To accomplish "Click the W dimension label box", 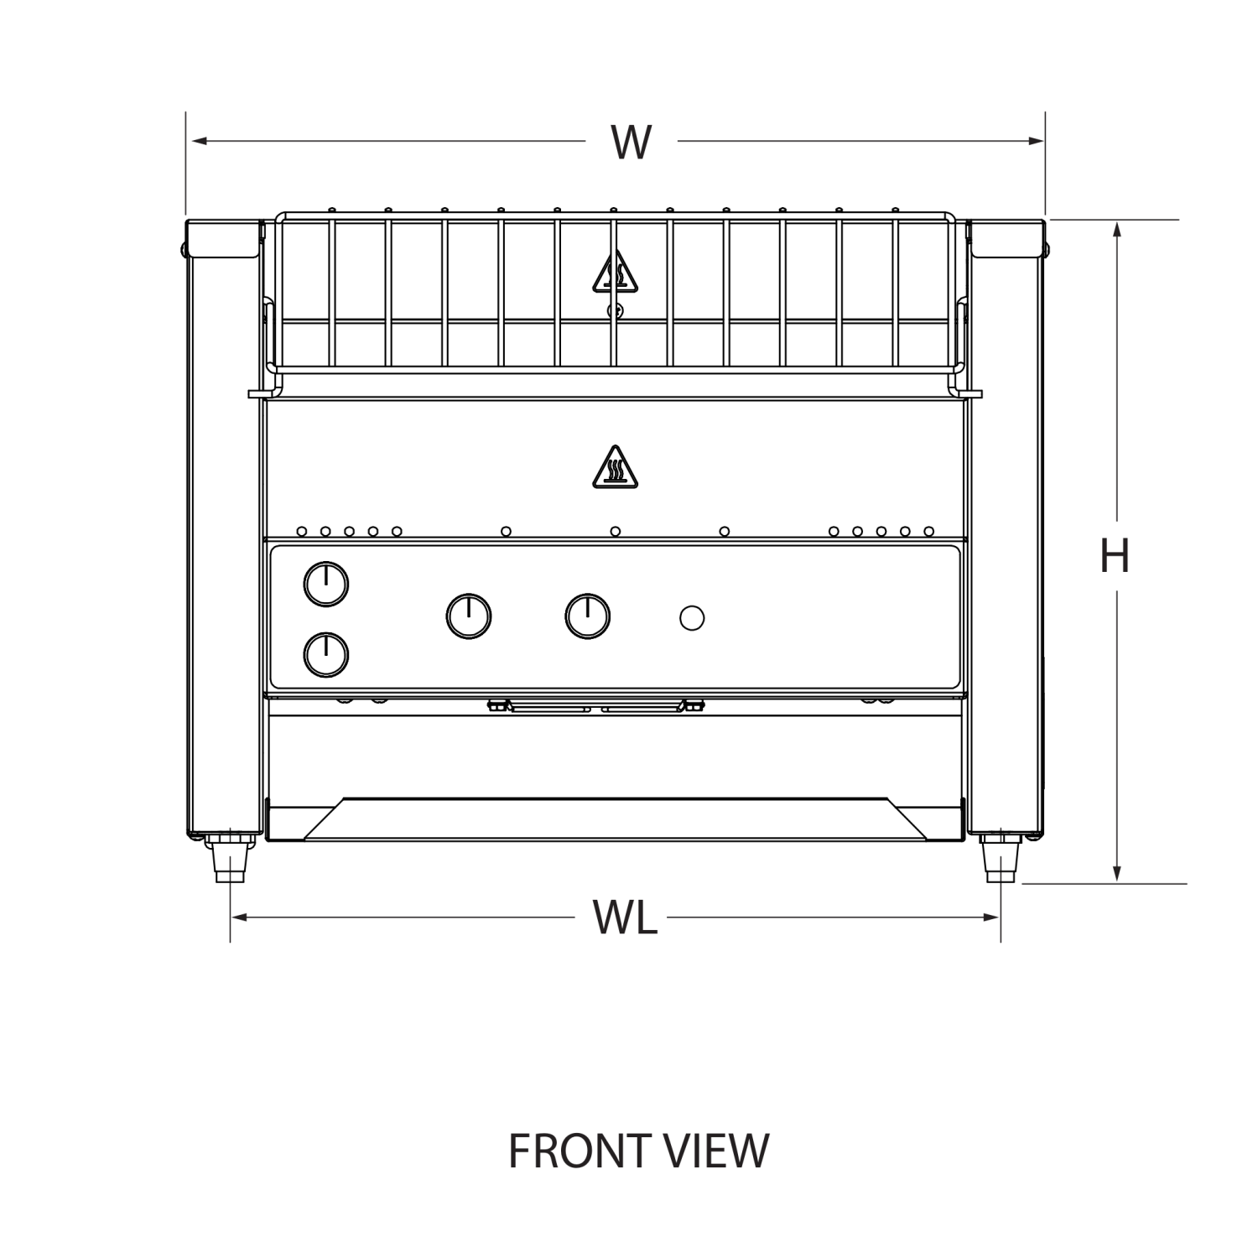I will tap(631, 141).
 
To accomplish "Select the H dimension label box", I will tap(1112, 556).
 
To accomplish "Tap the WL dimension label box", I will tap(621, 917).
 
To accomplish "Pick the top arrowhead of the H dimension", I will tap(1116, 229).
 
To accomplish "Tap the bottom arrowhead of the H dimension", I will tap(1116, 873).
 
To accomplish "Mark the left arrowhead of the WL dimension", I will tap(240, 917).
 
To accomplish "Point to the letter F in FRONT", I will tap(520, 1151).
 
